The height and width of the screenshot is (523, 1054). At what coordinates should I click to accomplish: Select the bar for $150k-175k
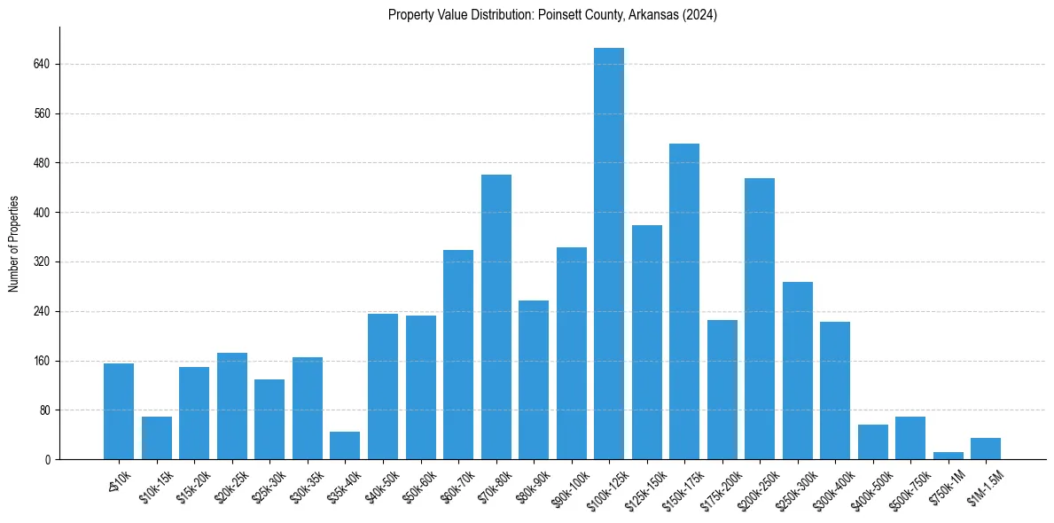684,301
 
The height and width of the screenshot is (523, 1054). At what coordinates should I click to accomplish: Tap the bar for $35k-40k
345,445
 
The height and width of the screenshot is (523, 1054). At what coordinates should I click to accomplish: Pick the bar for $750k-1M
948,456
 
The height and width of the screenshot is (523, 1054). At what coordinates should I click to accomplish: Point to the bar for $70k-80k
496,316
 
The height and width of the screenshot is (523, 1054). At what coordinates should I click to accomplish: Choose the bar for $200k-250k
760,318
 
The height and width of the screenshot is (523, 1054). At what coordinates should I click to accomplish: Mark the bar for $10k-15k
157,438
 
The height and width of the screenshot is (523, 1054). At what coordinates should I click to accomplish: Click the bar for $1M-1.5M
986,449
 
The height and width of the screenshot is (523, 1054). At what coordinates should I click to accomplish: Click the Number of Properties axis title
13,244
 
